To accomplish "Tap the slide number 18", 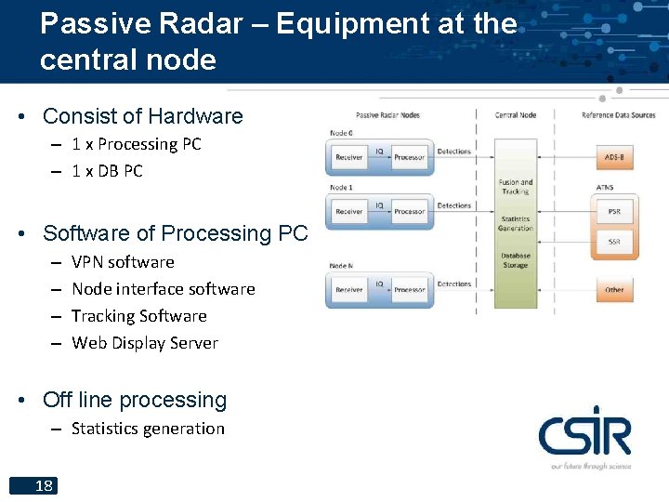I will [x=43, y=485].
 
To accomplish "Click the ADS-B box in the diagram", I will [x=614, y=157].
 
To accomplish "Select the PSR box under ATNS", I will [x=614, y=212].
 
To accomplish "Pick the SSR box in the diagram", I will [x=614, y=242].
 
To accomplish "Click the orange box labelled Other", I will [x=614, y=290].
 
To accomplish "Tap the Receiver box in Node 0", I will [x=349, y=158].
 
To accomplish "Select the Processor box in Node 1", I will [x=409, y=212].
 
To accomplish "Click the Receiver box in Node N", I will [x=349, y=290].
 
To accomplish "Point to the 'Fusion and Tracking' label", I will [x=515, y=187].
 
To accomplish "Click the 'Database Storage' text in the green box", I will [x=515, y=260].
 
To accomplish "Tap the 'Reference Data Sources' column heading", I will [x=618, y=115].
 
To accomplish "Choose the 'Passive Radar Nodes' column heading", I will [x=387, y=115].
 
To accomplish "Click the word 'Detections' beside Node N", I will [x=453, y=284].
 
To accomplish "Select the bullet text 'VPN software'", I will [x=123, y=262].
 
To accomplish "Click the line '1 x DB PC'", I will [x=107, y=171].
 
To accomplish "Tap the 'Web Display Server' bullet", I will [x=145, y=343].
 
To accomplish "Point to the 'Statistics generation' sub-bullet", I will [x=148, y=429].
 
